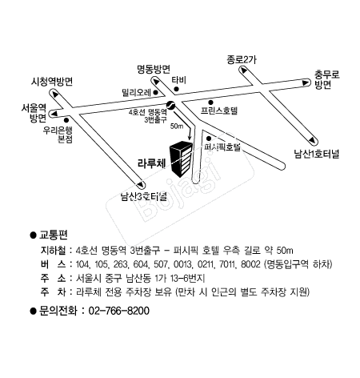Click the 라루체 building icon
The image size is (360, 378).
(x=182, y=159)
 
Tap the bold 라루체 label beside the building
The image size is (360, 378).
(x=152, y=163)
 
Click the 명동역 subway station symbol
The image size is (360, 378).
(x=170, y=105)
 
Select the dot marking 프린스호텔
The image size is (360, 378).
(x=210, y=102)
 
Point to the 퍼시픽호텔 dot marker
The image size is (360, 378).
(x=209, y=139)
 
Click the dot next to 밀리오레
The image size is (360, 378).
(x=156, y=93)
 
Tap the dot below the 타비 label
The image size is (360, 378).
(x=176, y=89)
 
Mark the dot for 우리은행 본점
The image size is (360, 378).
(x=66, y=120)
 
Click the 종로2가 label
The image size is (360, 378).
(x=242, y=59)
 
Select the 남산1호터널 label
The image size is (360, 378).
(x=317, y=154)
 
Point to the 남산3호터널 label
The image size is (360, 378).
(x=144, y=197)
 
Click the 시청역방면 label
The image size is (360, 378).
(x=52, y=82)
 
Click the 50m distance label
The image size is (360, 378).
(x=177, y=126)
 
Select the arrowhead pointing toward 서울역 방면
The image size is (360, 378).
(x=54, y=114)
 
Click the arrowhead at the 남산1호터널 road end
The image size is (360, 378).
(x=312, y=141)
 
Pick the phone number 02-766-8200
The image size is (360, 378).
(x=119, y=311)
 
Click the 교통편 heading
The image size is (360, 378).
(x=54, y=235)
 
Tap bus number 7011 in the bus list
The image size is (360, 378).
(x=227, y=264)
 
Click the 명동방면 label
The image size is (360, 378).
(x=154, y=70)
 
